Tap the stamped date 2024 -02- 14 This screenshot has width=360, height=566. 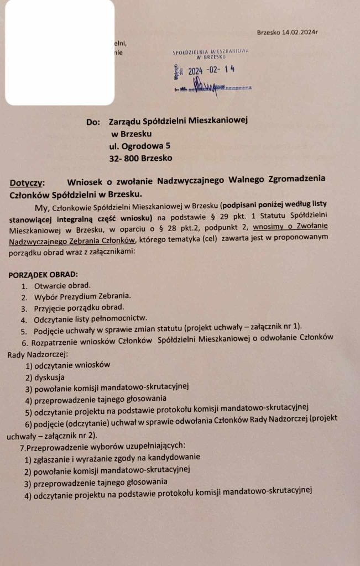coord(211,70)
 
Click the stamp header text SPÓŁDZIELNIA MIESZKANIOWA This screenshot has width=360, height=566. coord(210,51)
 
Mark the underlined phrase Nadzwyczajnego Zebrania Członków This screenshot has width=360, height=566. coord(72,239)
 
